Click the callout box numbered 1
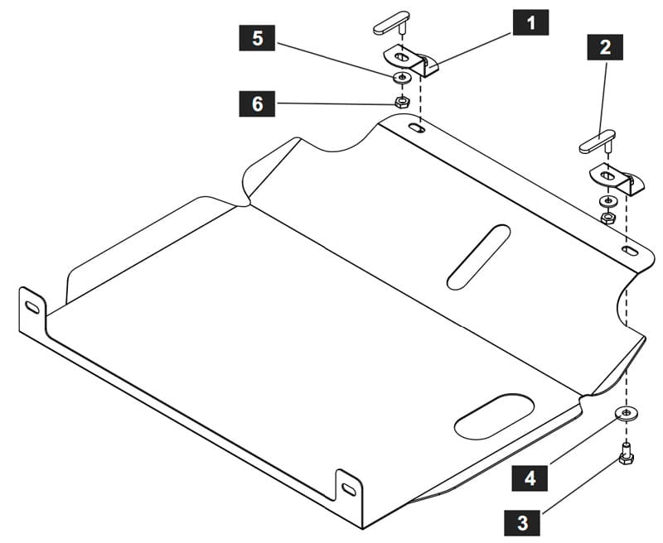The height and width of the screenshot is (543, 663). [531, 22]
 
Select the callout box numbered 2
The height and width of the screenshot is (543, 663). [605, 47]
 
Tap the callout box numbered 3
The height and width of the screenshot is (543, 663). [522, 522]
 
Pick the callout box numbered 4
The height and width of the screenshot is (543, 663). [530, 478]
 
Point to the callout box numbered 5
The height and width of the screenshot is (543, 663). [257, 38]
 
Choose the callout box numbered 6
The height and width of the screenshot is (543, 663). [257, 103]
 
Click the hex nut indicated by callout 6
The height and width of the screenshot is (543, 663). [401, 102]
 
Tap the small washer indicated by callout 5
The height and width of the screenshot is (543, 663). [402, 77]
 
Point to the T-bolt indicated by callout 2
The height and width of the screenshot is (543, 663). [598, 142]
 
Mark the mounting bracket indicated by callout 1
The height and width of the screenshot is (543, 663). [411, 60]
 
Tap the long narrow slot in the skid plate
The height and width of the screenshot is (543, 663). [479, 257]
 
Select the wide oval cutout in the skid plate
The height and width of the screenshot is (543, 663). [494, 417]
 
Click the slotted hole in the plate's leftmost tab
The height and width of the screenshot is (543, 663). [32, 307]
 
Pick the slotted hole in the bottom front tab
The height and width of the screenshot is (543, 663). [349, 489]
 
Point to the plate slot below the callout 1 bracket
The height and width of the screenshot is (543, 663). [417, 127]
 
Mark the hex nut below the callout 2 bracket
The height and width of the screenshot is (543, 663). [608, 218]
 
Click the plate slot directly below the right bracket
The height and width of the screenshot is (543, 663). [630, 250]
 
